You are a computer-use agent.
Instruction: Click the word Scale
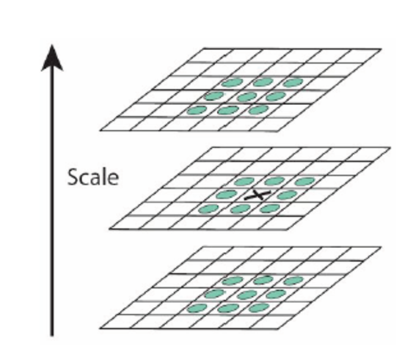[x=93, y=177]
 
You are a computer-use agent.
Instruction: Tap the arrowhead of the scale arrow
[x=52, y=58]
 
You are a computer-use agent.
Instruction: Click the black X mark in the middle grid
[x=257, y=195]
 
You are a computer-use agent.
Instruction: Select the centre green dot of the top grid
[x=246, y=97]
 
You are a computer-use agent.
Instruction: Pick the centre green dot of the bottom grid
[x=246, y=295]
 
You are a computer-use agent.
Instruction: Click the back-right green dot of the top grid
[x=293, y=82]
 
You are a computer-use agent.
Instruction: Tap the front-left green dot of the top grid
[x=197, y=110]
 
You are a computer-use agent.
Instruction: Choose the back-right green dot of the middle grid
[x=304, y=181]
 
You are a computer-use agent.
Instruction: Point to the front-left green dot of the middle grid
[x=208, y=209]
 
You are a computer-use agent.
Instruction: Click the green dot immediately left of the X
[x=226, y=195]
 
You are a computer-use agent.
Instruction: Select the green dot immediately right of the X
[x=287, y=195]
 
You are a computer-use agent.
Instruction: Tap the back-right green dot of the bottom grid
[x=293, y=281]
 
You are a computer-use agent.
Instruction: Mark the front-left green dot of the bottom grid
[x=197, y=308]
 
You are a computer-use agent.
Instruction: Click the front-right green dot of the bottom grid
[x=258, y=308]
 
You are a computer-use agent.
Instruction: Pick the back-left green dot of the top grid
[x=232, y=82]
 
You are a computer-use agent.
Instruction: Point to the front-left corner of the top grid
[x=100, y=131]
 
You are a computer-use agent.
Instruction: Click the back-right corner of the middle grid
[x=390, y=148]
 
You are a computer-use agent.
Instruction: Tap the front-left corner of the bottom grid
[x=100, y=328]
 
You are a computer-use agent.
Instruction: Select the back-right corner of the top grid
[x=381, y=49]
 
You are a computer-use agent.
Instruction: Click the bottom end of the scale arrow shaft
[x=52, y=336]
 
